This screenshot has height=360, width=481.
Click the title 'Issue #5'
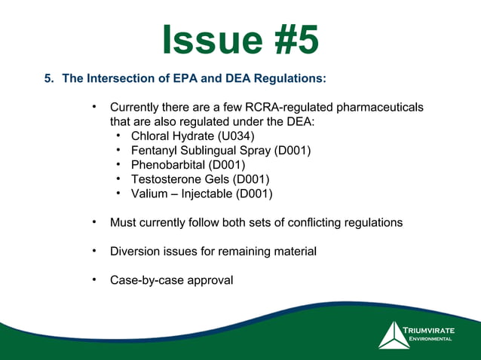click(240, 41)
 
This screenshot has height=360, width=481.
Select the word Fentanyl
click(155, 151)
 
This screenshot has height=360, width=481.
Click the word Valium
click(148, 194)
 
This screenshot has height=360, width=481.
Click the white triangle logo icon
click(394, 335)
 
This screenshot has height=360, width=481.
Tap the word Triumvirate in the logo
click(430, 331)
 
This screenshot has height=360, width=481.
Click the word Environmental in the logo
click(430, 340)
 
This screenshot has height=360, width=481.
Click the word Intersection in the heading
click(127, 78)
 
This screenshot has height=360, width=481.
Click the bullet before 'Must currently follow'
click(94, 222)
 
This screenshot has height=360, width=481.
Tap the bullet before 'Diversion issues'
click(94, 251)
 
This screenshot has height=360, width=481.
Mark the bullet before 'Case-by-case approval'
click(94, 279)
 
